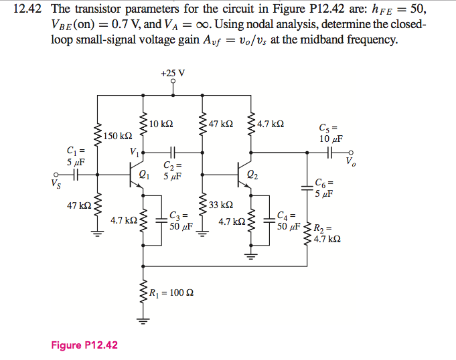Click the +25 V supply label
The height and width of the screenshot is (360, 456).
(x=173, y=72)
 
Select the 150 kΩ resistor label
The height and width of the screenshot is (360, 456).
(x=117, y=137)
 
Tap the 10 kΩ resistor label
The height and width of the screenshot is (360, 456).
(x=161, y=124)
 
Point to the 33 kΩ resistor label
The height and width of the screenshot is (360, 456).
(x=221, y=205)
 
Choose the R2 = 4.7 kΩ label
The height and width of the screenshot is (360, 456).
(x=327, y=232)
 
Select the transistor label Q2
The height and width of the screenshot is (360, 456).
(x=251, y=176)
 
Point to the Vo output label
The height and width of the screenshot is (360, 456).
(x=351, y=162)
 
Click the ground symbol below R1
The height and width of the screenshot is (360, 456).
(x=143, y=320)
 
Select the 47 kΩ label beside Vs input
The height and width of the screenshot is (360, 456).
(x=80, y=205)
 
